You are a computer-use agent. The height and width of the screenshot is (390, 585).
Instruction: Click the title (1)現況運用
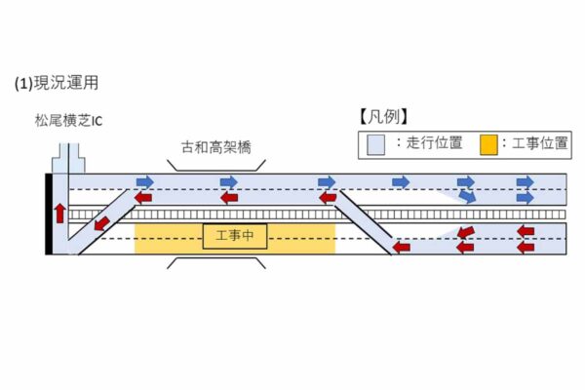[57, 84]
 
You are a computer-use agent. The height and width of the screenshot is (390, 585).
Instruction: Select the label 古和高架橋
[215, 149]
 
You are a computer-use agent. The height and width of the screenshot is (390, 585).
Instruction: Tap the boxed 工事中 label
[235, 237]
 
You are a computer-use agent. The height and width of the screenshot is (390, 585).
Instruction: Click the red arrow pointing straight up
[60, 212]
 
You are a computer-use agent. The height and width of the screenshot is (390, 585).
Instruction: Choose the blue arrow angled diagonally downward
[469, 197]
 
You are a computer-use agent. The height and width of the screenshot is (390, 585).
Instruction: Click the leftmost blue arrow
[144, 182]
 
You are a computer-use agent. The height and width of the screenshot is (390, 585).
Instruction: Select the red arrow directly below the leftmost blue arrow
[143, 198]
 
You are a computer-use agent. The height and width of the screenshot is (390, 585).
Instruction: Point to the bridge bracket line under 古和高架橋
[216, 167]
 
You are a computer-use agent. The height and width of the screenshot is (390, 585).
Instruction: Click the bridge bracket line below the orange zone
[216, 262]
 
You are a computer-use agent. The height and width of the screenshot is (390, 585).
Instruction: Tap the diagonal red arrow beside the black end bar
[101, 224]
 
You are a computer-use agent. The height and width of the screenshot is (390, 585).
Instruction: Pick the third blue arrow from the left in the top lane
[327, 182]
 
